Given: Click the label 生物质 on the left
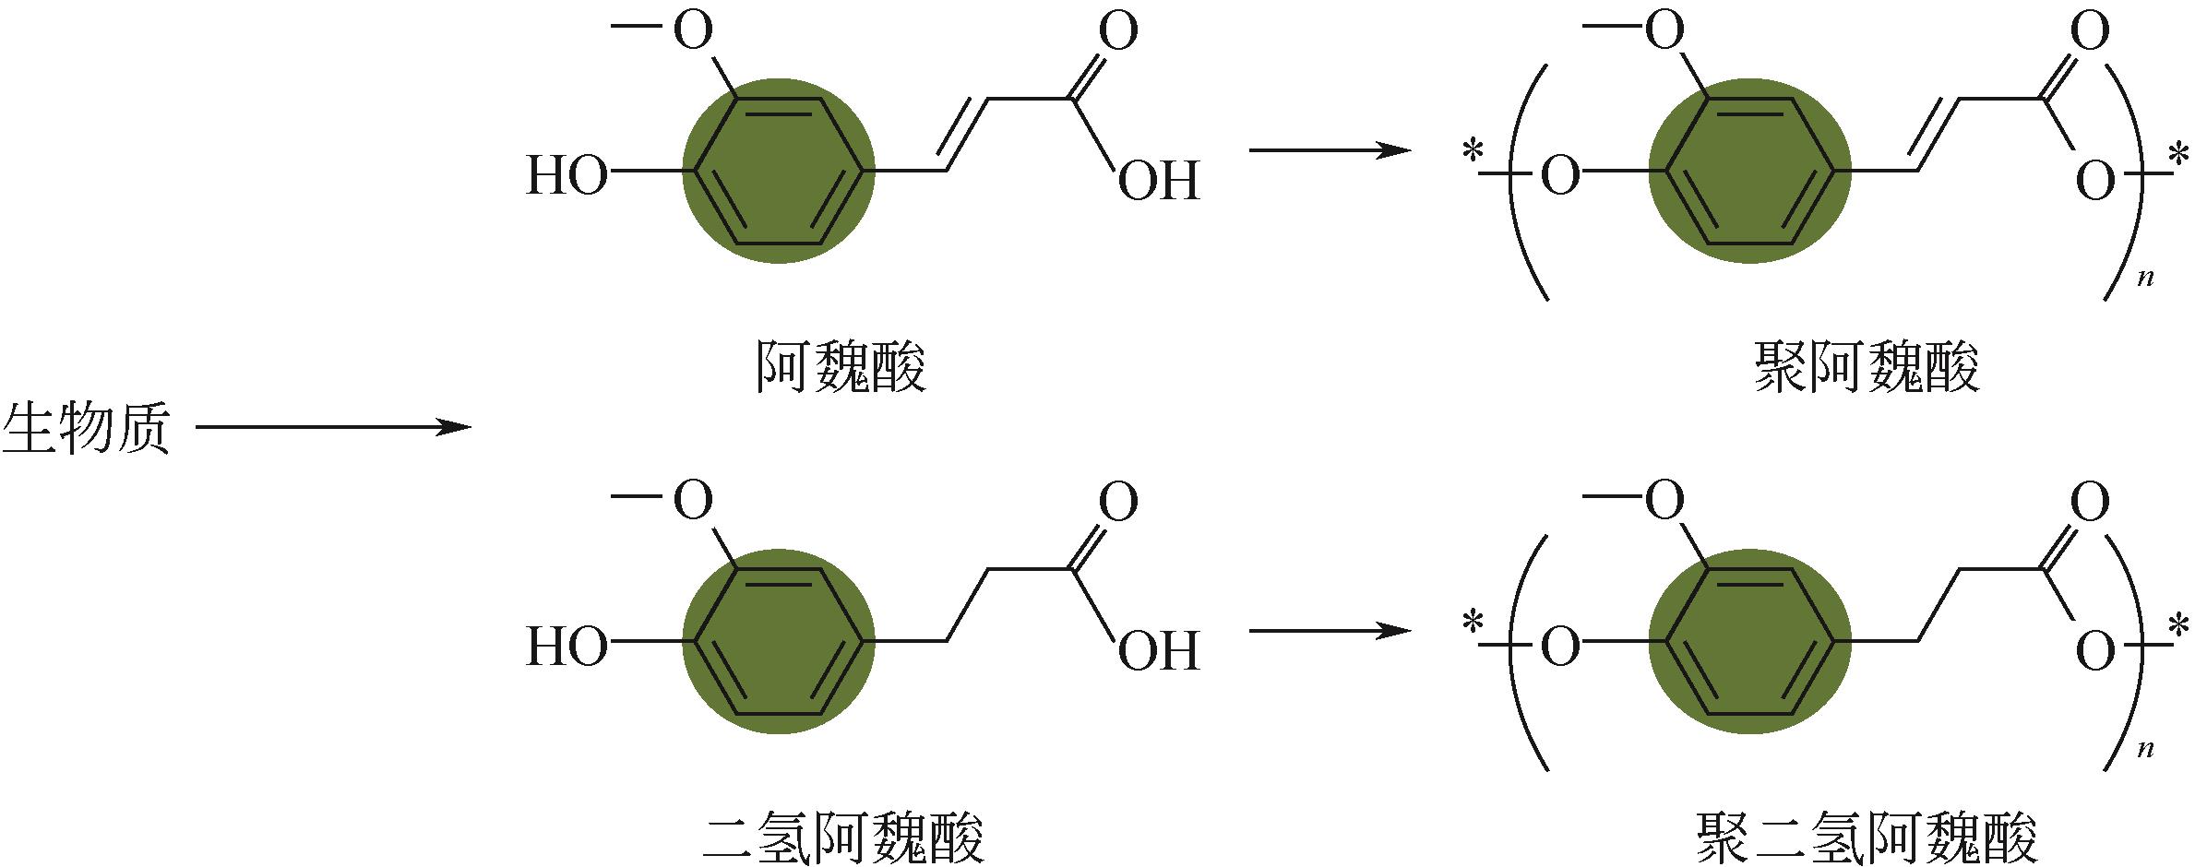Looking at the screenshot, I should (88, 428).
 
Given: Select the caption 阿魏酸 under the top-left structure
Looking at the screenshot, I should (841, 367).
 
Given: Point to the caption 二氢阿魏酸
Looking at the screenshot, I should (842, 837).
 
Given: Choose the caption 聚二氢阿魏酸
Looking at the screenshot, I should (1867, 837).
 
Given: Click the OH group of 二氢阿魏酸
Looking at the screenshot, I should (1159, 650).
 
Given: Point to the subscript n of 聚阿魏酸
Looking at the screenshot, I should (2145, 277).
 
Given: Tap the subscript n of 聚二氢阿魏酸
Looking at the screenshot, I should (2145, 747).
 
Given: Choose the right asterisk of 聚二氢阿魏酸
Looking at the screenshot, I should (2179, 627).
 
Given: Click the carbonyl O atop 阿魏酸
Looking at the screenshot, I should (1118, 32).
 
